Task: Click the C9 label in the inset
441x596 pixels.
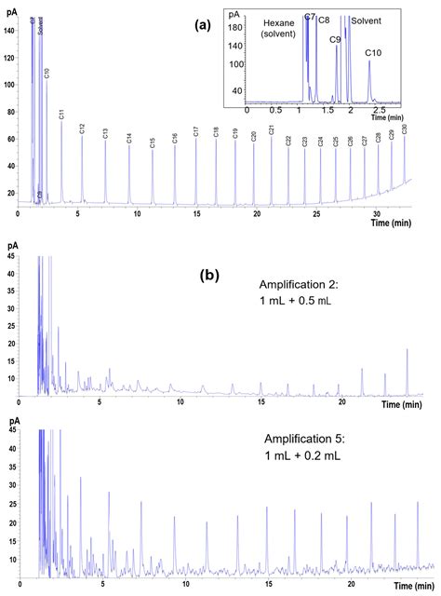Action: [335, 40]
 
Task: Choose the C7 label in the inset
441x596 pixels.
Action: [309, 18]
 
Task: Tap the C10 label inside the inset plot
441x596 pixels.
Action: [373, 52]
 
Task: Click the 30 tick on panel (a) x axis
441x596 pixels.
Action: [378, 213]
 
